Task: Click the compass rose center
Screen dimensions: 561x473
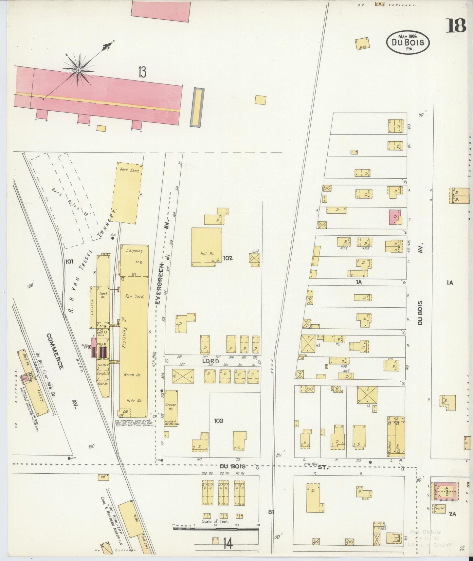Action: (79, 70)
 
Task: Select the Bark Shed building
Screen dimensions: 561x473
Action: (129, 193)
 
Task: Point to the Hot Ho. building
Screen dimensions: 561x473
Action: (207, 247)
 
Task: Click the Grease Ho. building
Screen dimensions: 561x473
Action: (171, 408)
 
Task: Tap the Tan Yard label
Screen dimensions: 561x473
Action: (134, 297)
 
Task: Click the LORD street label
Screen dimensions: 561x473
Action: (210, 361)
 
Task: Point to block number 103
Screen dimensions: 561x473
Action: (218, 421)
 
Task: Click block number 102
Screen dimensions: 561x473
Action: (228, 258)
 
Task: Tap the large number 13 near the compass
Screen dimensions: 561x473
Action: (142, 72)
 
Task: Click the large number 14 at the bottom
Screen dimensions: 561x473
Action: (228, 544)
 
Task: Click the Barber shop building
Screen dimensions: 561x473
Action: (440, 509)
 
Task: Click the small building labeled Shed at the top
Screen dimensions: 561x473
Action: (363, 44)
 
